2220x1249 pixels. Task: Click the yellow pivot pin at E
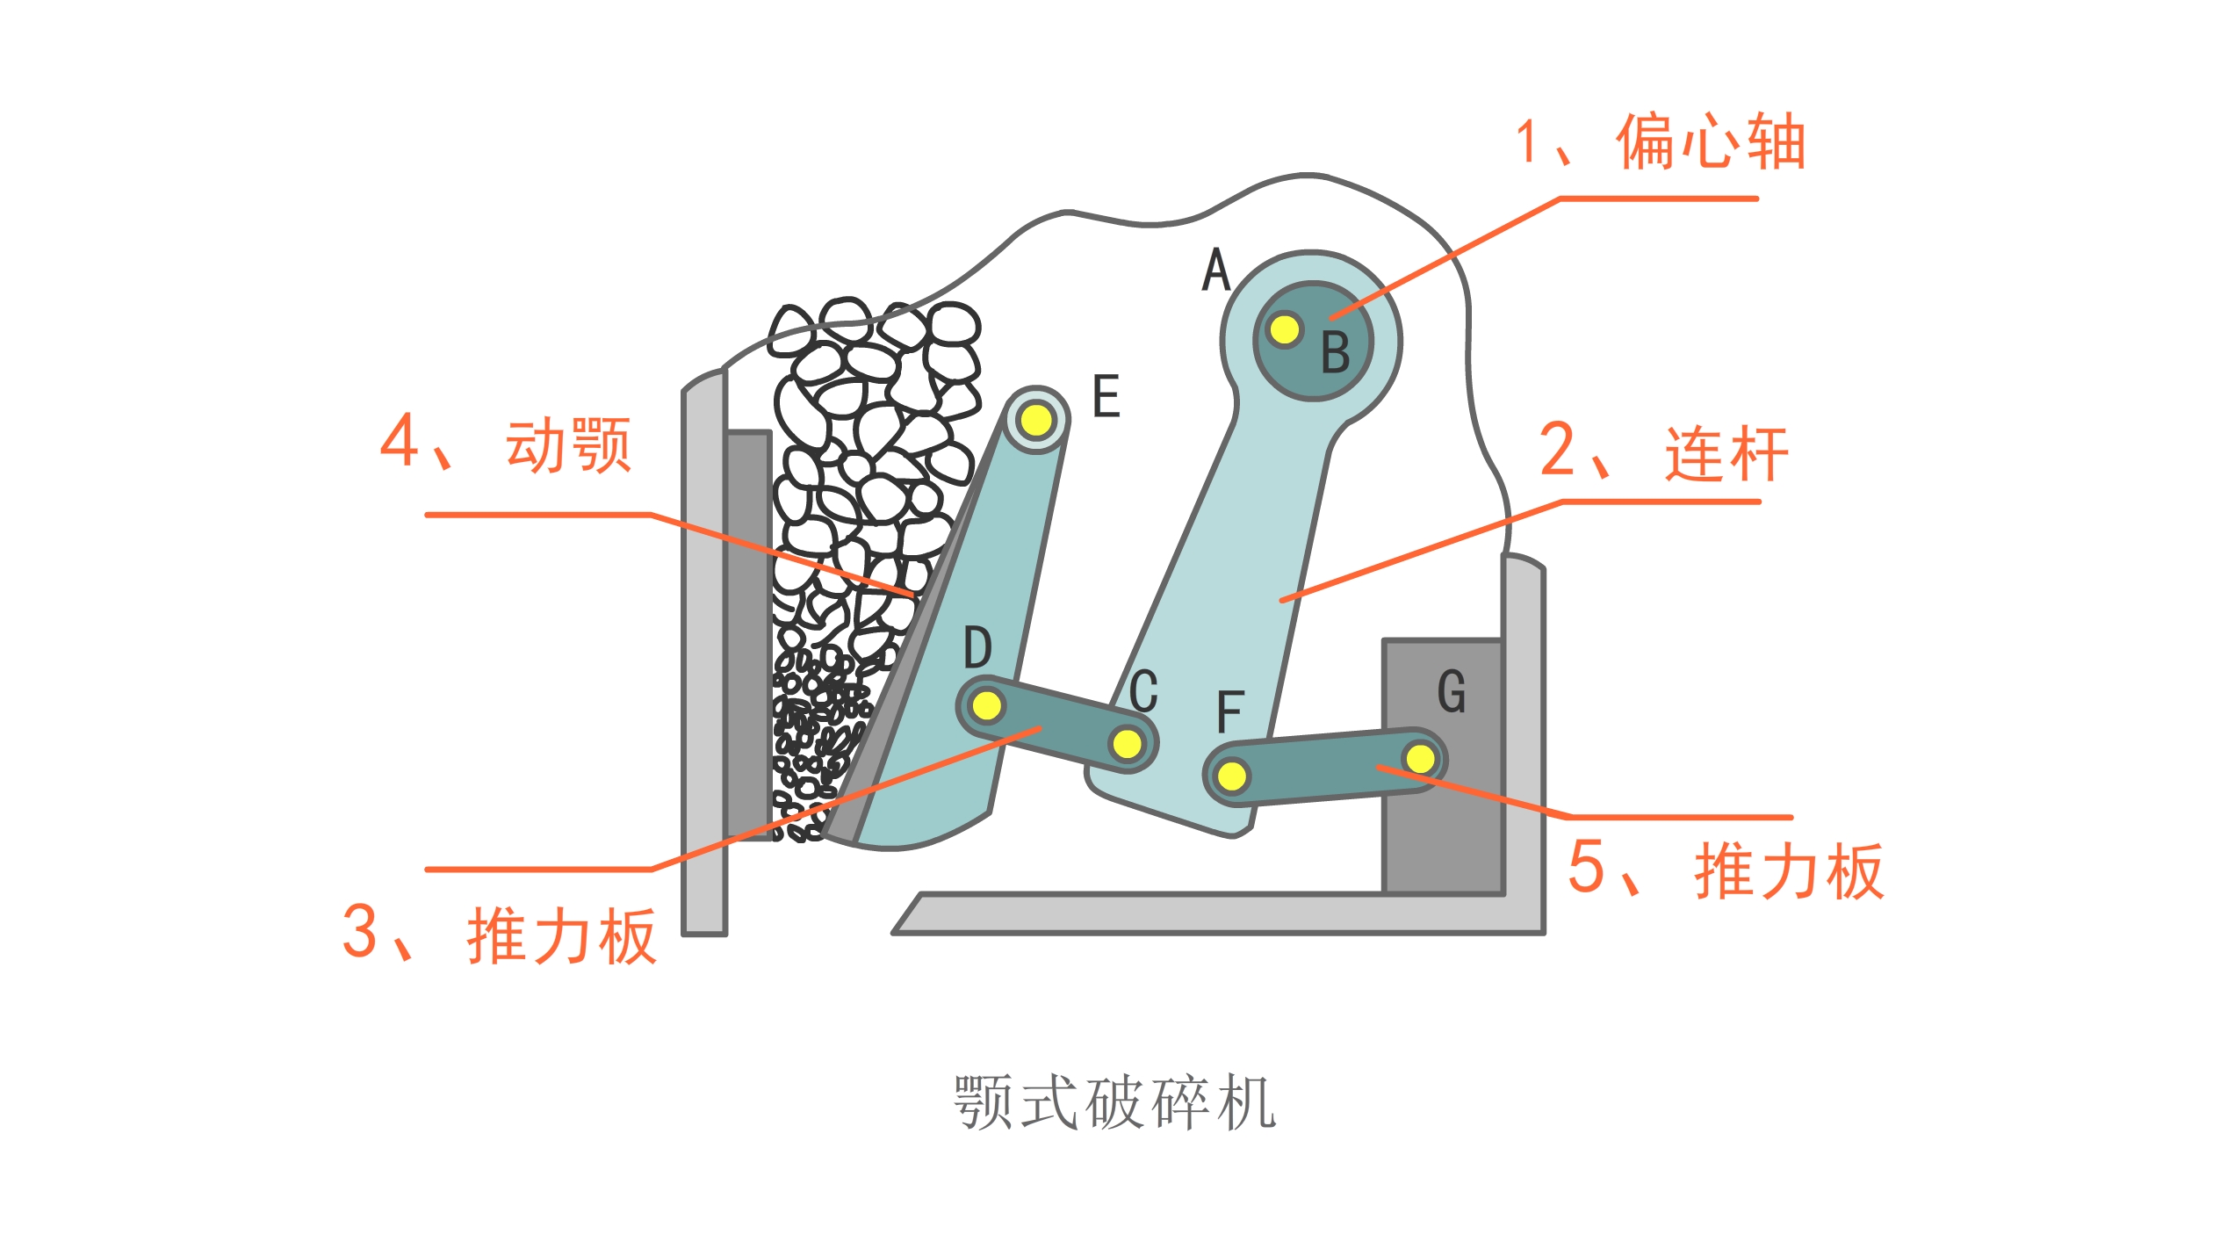pos(1036,420)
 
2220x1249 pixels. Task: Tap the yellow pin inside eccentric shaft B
pos(1284,329)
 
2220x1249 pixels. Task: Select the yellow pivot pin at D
pos(986,704)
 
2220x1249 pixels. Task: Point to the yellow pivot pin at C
pos(1127,744)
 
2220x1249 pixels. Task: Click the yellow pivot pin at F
pos(1232,776)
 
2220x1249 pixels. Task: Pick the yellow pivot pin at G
pos(1420,757)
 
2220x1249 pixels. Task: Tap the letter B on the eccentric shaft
pos(1336,352)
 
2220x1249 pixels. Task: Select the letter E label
pos(1106,395)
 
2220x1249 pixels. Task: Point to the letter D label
pos(977,647)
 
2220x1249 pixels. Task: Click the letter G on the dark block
pos(1452,691)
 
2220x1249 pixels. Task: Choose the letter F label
pos(1230,711)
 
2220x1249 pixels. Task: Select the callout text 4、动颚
pos(505,443)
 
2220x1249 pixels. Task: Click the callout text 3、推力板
pos(499,934)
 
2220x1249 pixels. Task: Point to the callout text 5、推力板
pos(1726,869)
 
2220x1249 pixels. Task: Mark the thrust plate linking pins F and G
pos(1326,766)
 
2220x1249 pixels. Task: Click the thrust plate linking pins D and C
pos(1056,724)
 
